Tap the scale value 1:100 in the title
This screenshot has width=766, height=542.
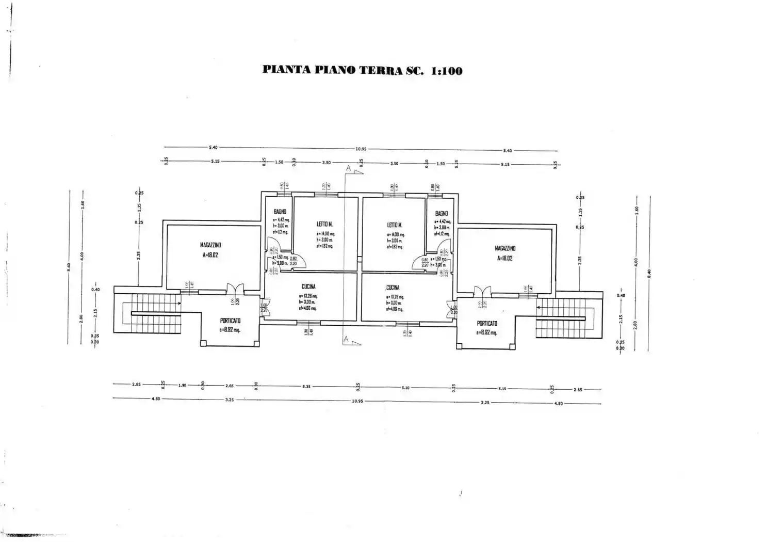[x=445, y=71]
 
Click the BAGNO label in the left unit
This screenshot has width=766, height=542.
[x=280, y=212]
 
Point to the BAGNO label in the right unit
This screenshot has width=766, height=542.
[x=441, y=213]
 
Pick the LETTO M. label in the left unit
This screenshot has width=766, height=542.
[x=324, y=224]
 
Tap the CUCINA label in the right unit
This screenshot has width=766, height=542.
[x=393, y=288]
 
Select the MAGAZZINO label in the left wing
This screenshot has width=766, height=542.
[x=210, y=245]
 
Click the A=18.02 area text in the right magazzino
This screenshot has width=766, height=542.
[x=504, y=258]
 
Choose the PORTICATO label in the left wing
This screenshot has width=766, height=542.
[x=230, y=321]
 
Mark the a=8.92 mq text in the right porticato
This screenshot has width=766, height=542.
[x=486, y=333]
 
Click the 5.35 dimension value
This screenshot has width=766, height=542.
[x=306, y=387]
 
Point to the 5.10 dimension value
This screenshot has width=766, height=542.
[x=405, y=388]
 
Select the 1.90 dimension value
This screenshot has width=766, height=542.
[x=182, y=385]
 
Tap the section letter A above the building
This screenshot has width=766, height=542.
[x=349, y=168]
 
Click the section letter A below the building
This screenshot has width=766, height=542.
[x=346, y=339]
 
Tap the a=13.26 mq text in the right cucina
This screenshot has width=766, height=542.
[x=395, y=297]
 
